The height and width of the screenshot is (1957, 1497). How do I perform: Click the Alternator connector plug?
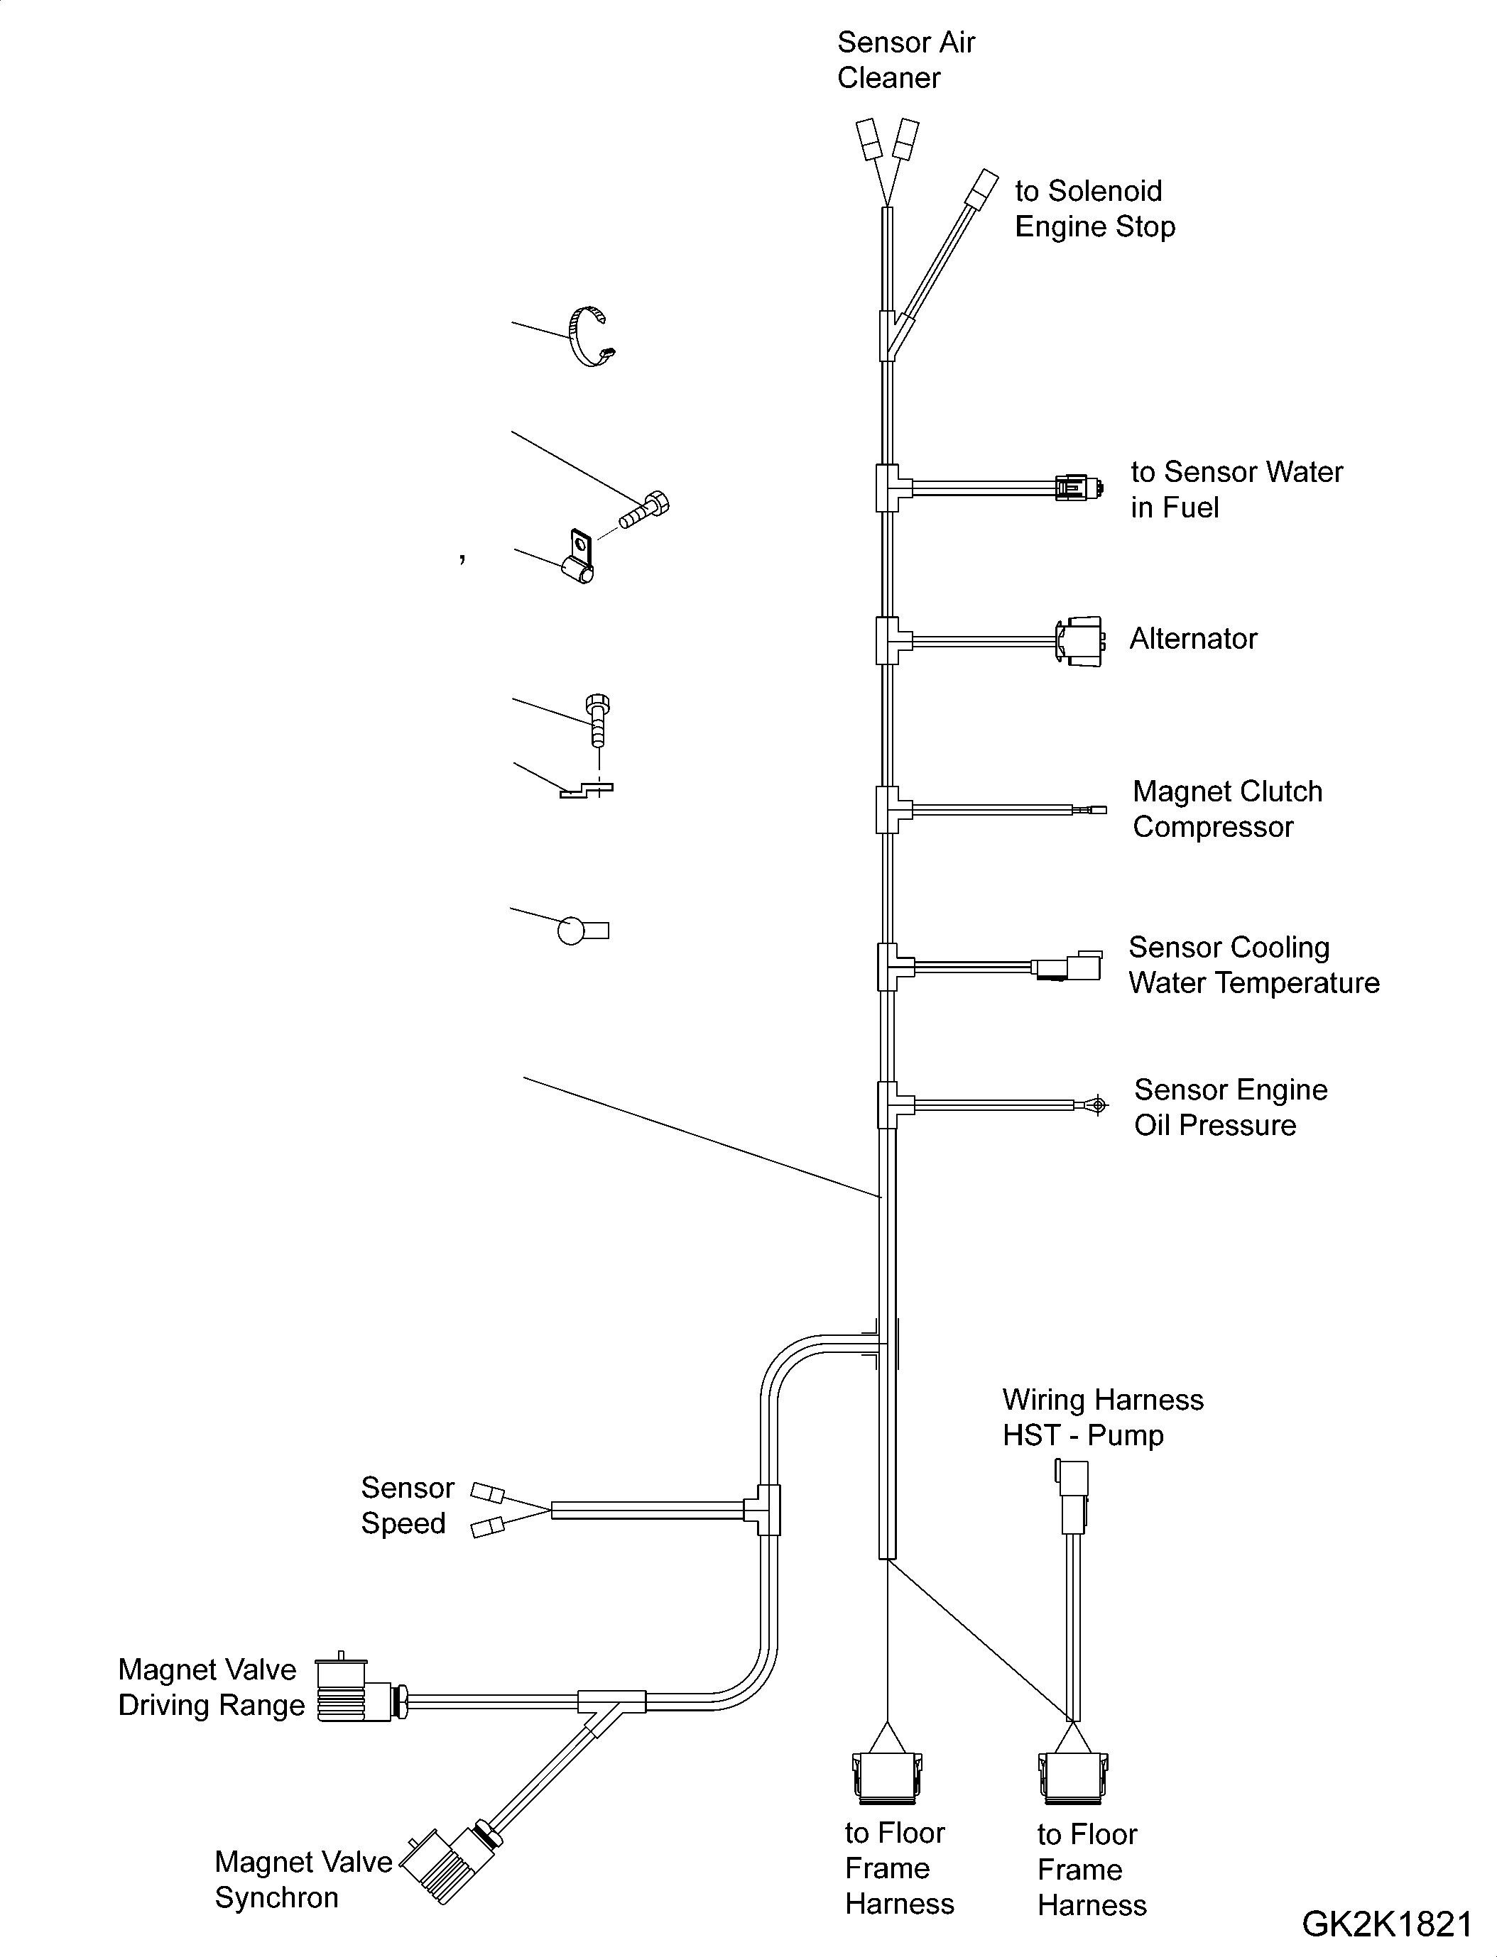(1080, 640)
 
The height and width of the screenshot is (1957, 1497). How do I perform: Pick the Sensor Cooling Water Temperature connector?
(1067, 967)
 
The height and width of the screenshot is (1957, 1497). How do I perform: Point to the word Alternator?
(1193, 639)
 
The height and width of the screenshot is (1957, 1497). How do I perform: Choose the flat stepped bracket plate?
(587, 789)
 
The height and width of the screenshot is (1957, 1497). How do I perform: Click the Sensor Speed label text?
(406, 1506)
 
